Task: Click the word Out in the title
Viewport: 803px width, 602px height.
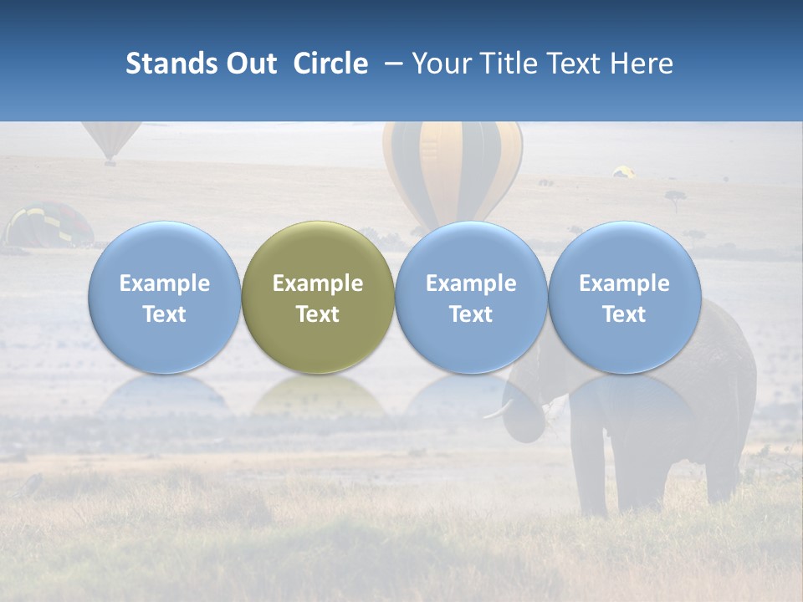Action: [x=252, y=64]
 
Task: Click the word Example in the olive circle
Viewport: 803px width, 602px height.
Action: [x=318, y=283]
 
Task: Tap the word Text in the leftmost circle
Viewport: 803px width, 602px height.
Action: [x=165, y=314]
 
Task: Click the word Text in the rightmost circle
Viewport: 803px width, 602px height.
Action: [x=625, y=314]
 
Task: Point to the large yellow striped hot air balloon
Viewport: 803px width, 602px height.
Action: [x=453, y=167]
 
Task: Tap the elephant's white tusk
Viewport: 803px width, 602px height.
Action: [x=499, y=409]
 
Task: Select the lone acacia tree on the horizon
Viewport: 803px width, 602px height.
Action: [x=675, y=198]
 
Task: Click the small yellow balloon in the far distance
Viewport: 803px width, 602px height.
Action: [x=623, y=171]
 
